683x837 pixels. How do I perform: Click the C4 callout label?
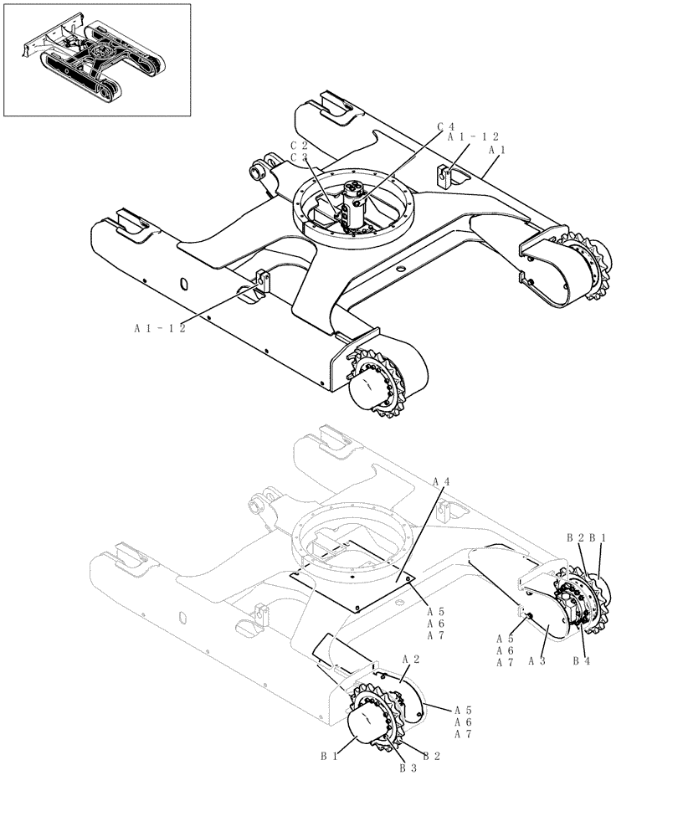tap(445, 127)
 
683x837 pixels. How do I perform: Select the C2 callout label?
tap(299, 145)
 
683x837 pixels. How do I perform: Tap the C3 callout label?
tap(299, 157)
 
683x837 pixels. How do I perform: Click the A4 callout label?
tap(442, 482)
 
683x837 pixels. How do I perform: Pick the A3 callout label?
tap(537, 660)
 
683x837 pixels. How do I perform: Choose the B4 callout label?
tap(582, 660)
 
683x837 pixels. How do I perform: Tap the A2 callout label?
tap(410, 659)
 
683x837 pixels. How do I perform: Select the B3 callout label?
tap(408, 767)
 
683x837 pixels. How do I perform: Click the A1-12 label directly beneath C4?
tap(473, 136)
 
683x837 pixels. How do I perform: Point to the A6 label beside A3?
tap(505, 650)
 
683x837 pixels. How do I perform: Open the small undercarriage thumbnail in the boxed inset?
tap(96, 60)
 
